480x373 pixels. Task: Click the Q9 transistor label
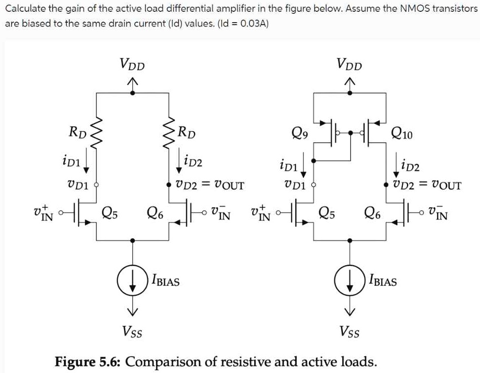pos(300,133)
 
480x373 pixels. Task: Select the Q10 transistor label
pos(402,133)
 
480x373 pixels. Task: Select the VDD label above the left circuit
pos(132,64)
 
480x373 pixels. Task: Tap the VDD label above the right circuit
pos(350,64)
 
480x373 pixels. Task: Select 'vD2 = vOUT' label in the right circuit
pos(427,185)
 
